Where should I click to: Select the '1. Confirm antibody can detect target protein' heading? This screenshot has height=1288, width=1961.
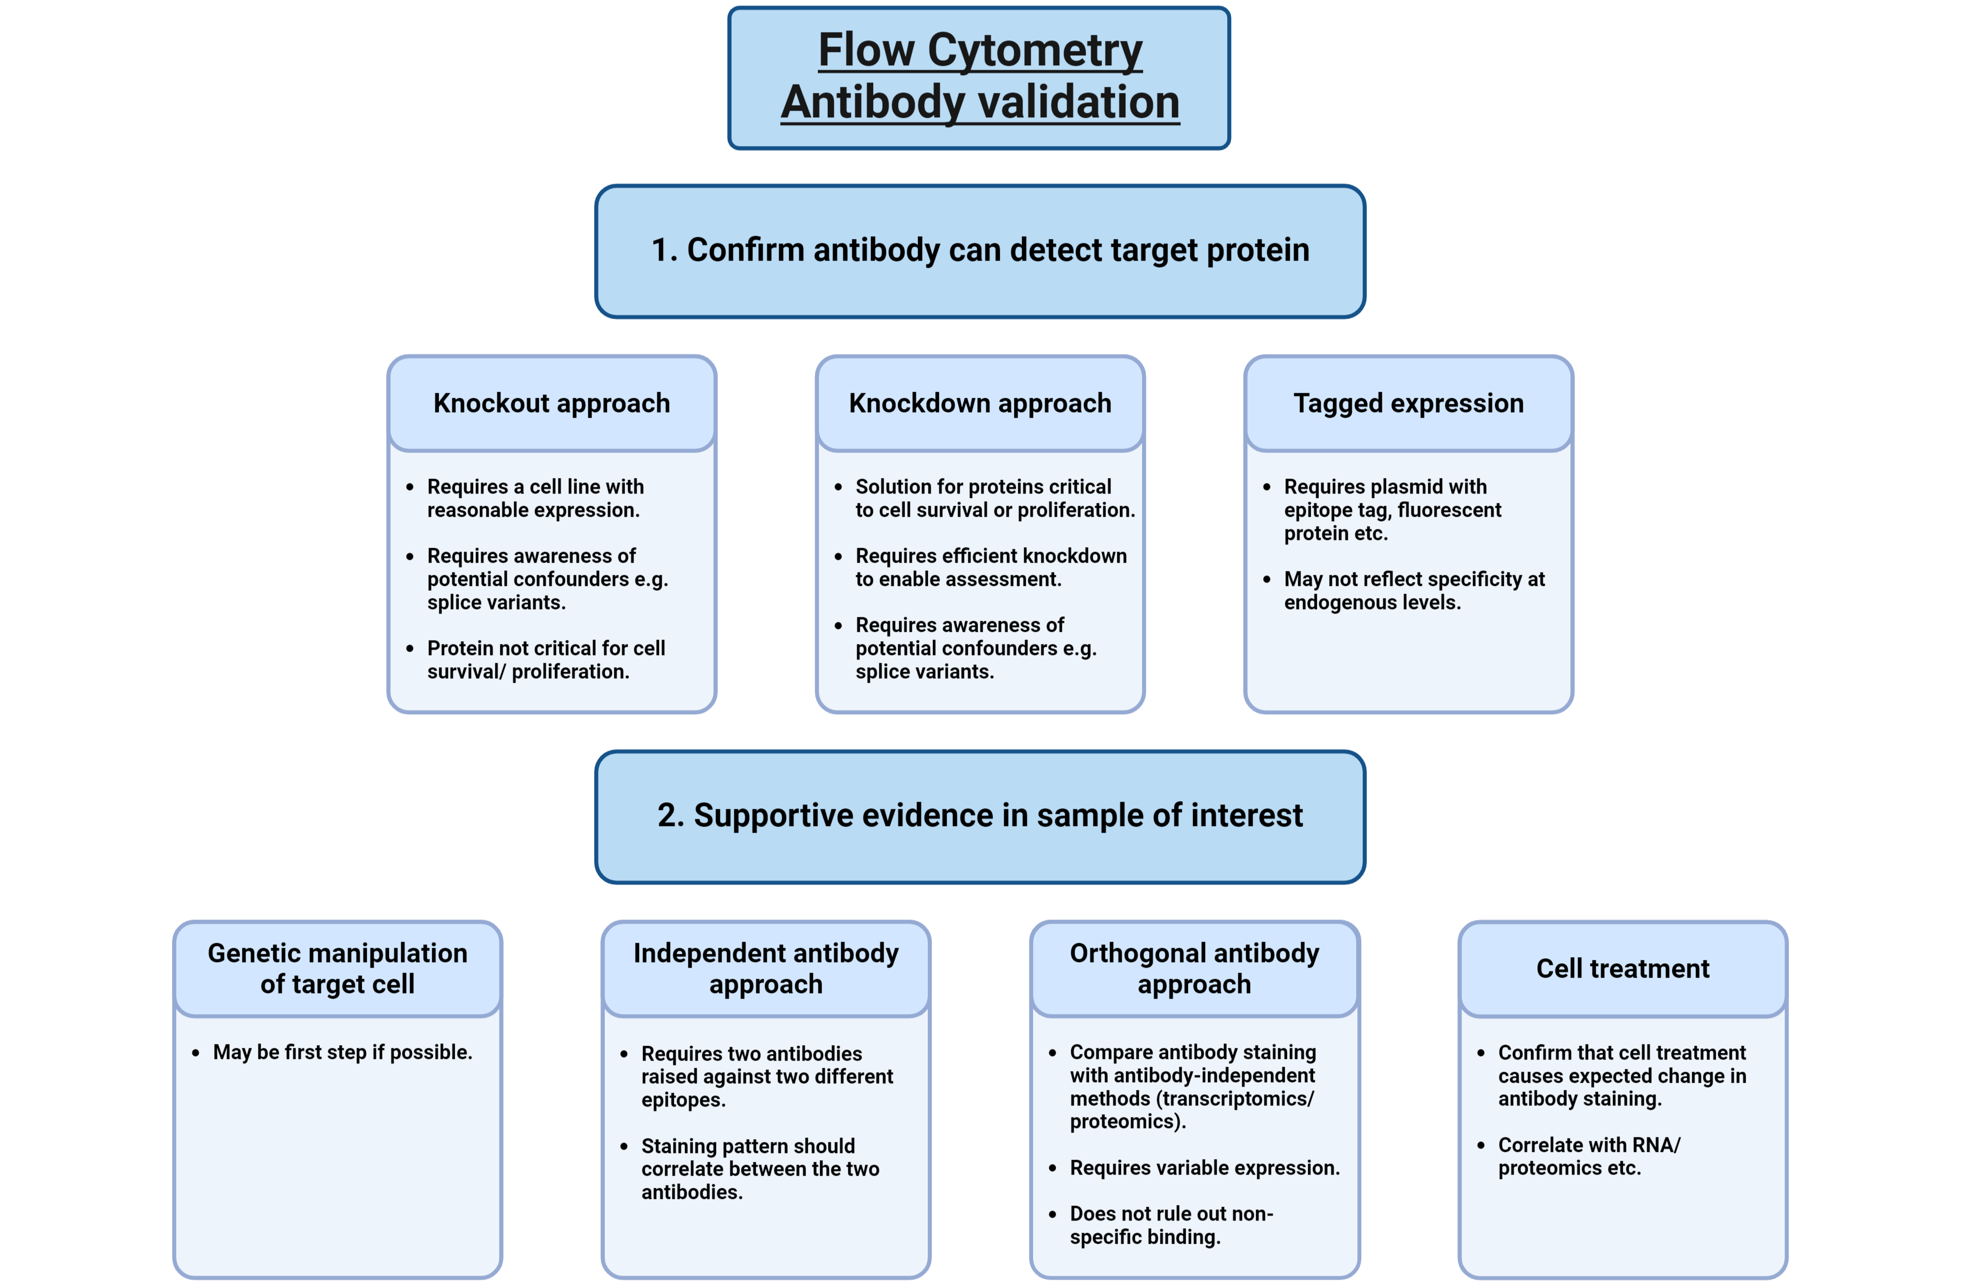point(980,250)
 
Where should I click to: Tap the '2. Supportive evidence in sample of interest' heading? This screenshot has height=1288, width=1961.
point(980,815)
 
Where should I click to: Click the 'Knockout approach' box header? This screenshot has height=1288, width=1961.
point(551,403)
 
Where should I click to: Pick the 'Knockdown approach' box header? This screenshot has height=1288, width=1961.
point(980,403)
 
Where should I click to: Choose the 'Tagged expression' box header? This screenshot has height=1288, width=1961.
point(1408,403)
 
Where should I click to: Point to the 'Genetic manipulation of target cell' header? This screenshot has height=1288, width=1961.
point(337,968)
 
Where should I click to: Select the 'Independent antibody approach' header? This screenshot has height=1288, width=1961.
point(765,968)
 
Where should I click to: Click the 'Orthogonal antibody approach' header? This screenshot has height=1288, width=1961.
point(1194,968)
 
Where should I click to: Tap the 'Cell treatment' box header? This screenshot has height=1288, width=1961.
point(1622,968)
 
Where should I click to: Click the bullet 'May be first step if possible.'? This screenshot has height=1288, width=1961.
point(342,1052)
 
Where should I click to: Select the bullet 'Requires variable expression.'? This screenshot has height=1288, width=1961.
point(1204,1168)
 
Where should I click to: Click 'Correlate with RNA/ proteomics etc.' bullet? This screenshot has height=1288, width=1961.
point(1588,1156)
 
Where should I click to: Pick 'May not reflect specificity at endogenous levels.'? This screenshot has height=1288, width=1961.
point(1413,591)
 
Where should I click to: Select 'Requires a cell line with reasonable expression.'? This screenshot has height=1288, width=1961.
point(535,498)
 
